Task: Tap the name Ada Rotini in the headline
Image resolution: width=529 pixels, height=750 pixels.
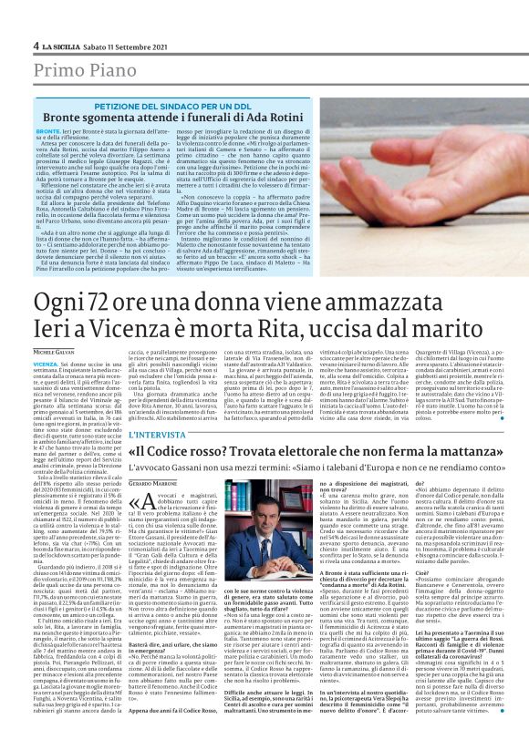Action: [265, 118]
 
